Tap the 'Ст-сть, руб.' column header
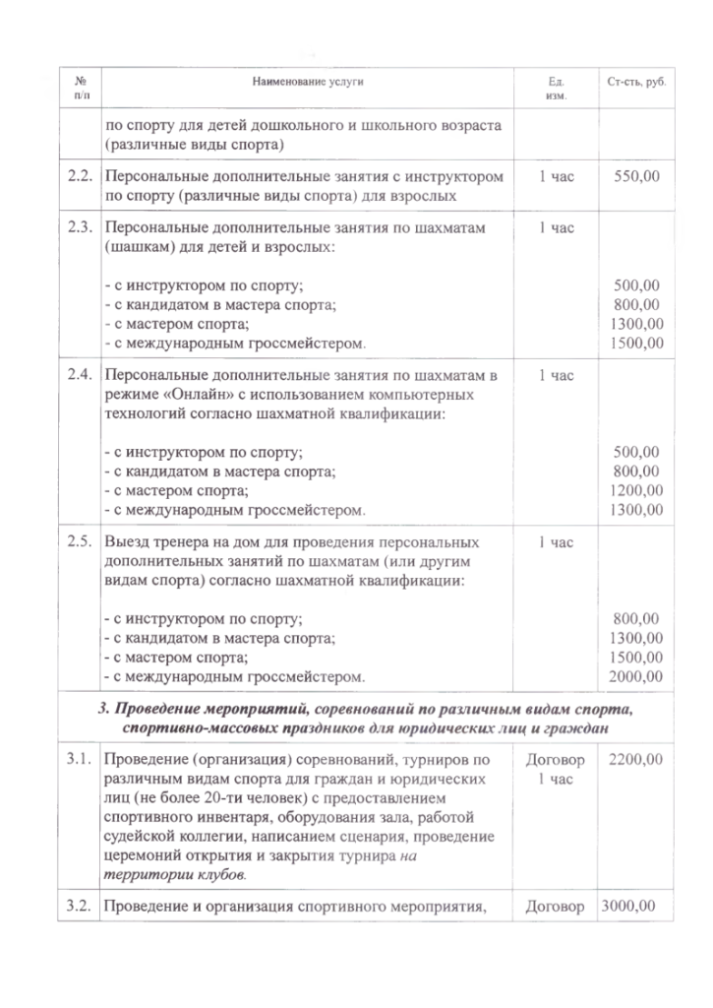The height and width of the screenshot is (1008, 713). pyautogui.click(x=637, y=80)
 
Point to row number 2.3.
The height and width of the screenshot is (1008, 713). pyautogui.click(x=80, y=227)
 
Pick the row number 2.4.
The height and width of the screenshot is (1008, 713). pyautogui.click(x=80, y=375)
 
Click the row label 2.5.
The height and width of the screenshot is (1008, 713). pyautogui.click(x=80, y=541)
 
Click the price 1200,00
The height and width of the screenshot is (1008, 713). pyautogui.click(x=637, y=490)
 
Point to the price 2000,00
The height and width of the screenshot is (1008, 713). pyautogui.click(x=637, y=676)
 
